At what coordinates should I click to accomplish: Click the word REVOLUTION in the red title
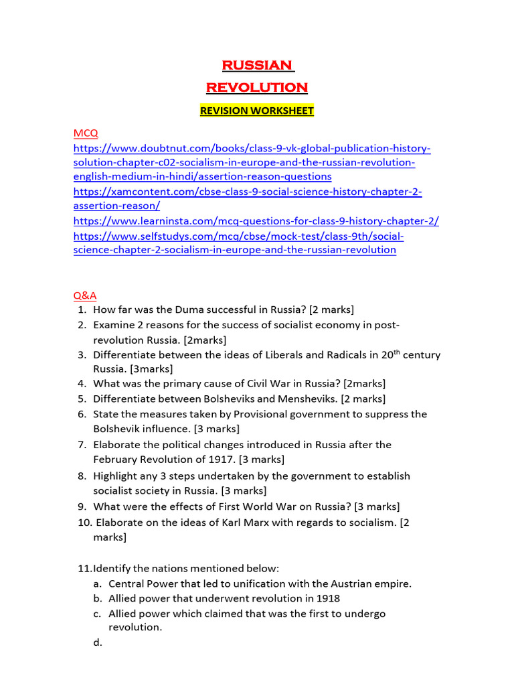coord(256,87)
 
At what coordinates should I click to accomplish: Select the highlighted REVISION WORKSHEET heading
coord(256,111)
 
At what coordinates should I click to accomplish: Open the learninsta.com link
coord(256,221)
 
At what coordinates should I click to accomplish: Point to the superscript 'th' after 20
coord(398,352)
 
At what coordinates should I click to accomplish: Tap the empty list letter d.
coord(98,642)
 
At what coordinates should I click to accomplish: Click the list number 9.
coord(81,506)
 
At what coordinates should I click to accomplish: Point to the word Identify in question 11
coord(112,568)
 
